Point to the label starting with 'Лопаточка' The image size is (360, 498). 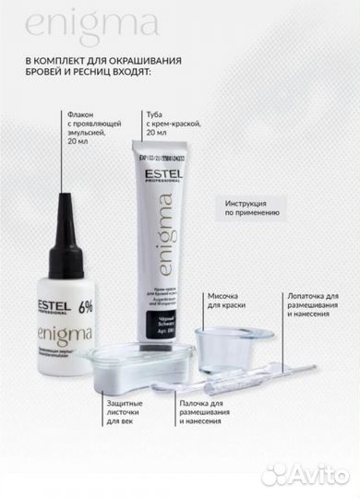coord(309,305)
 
